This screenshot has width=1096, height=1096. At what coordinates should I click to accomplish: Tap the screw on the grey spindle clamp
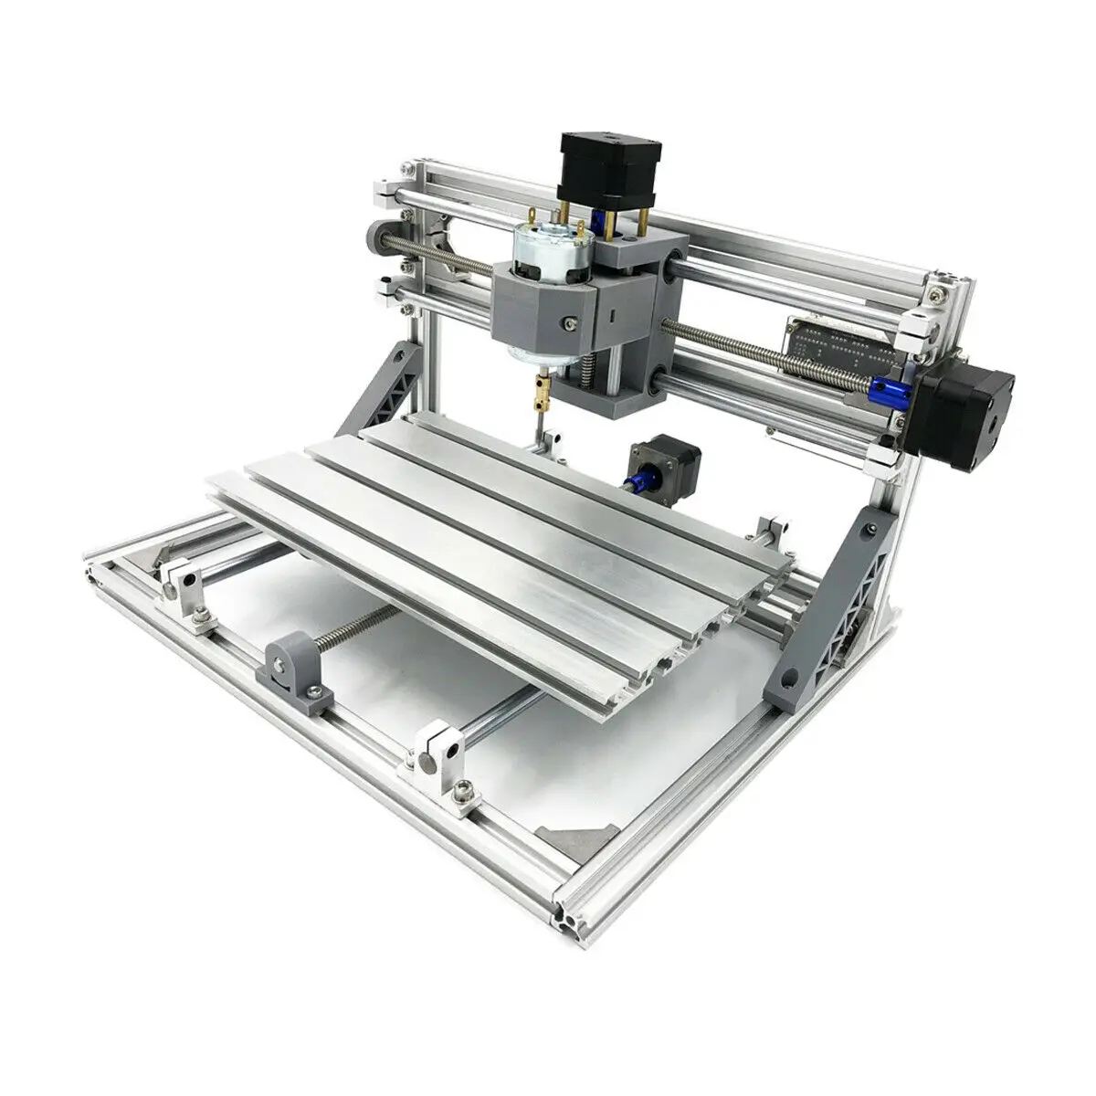[x=571, y=322]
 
